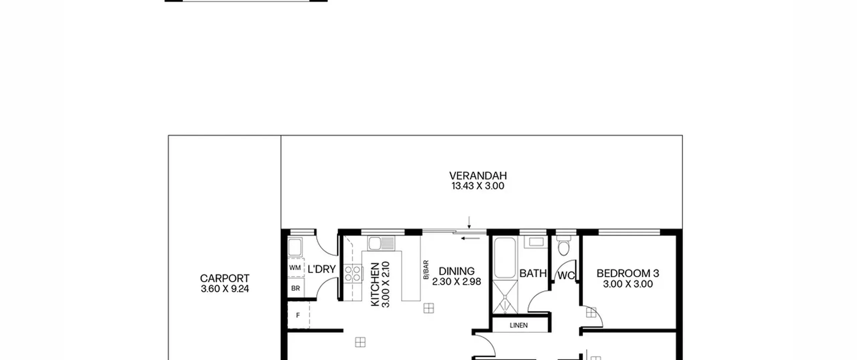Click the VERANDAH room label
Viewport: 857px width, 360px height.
(478, 176)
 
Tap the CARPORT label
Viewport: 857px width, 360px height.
(225, 279)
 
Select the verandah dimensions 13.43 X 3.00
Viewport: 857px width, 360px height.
(478, 186)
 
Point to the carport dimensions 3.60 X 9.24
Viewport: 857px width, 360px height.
(225, 289)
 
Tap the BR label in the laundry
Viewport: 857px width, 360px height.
(296, 288)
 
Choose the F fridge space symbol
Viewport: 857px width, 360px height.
(298, 315)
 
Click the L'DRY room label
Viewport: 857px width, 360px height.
(322, 269)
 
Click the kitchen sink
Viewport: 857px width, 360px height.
(381, 243)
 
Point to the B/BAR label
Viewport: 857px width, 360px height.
(426, 270)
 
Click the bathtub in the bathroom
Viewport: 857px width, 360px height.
(504, 258)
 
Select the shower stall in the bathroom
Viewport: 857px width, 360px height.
(505, 297)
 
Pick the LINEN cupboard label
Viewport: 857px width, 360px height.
(519, 325)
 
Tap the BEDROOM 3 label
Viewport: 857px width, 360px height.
(628, 274)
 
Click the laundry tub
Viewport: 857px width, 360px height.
(295, 247)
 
